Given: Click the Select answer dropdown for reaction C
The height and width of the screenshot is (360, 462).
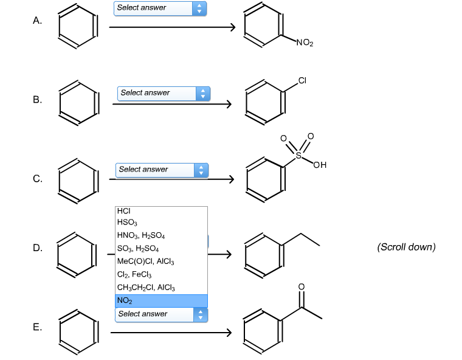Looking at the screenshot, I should click(x=162, y=170).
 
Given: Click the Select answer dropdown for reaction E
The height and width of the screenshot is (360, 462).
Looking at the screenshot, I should click(x=161, y=314).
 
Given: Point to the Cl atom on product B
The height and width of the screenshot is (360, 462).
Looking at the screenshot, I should click(x=302, y=80).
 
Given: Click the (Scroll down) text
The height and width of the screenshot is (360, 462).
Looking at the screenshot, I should click(x=406, y=247).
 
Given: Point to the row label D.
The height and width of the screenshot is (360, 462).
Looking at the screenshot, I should click(x=38, y=247).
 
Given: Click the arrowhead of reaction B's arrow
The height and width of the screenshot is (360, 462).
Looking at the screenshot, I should click(x=229, y=104).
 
